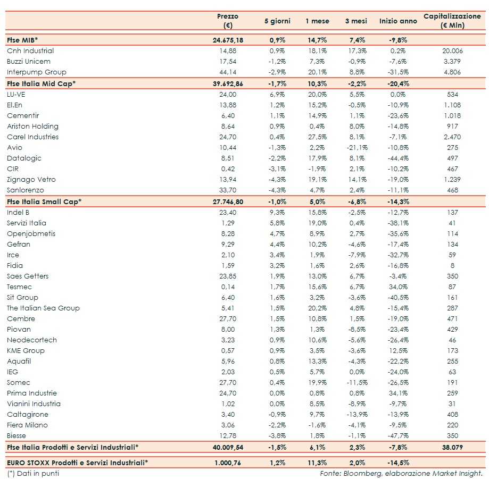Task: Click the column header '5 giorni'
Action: tap(277, 21)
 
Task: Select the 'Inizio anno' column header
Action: tap(398, 21)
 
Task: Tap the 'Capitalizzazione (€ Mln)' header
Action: tap(452, 21)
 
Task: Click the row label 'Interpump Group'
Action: tap(37, 72)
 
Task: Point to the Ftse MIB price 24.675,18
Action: tap(228, 40)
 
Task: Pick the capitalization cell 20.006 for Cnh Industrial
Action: tap(452, 51)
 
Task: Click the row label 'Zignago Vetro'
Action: tap(31, 179)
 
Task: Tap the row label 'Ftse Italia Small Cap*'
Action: tap(44, 201)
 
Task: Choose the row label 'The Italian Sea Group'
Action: tap(43, 308)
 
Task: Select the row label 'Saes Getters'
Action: tap(28, 276)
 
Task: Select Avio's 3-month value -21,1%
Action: tap(355, 147)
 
